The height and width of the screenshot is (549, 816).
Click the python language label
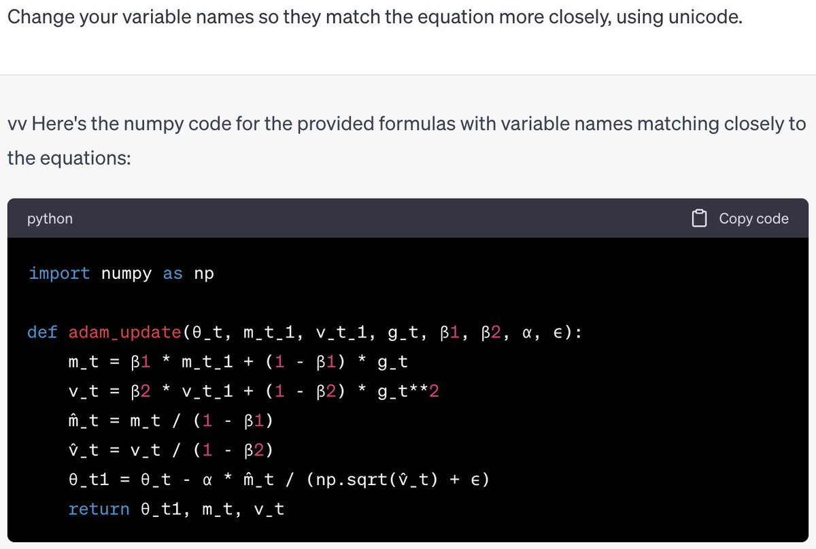coord(50,218)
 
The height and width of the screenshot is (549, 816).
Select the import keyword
coord(59,273)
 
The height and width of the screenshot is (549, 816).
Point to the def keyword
coord(42,333)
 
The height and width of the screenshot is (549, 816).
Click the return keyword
coord(99,509)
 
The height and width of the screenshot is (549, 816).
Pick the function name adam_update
coord(124,333)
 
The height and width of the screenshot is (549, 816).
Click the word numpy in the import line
coord(126,273)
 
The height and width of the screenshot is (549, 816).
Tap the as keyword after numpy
coord(173,273)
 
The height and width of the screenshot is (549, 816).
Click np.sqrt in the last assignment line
coord(344,480)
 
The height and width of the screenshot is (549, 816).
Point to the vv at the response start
coord(17,124)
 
